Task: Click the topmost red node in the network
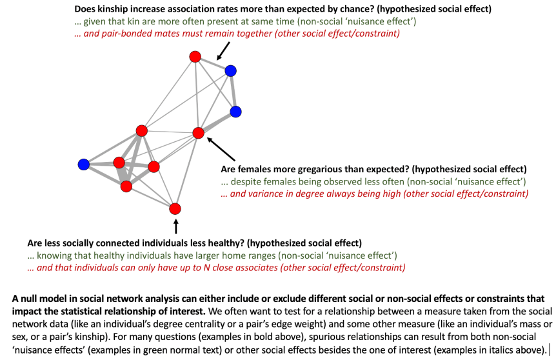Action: point(195,57)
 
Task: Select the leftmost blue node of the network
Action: point(83,165)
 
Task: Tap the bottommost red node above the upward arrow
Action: point(175,208)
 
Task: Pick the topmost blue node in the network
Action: point(230,70)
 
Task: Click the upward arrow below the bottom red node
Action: point(175,226)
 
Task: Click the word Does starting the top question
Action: point(86,10)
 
